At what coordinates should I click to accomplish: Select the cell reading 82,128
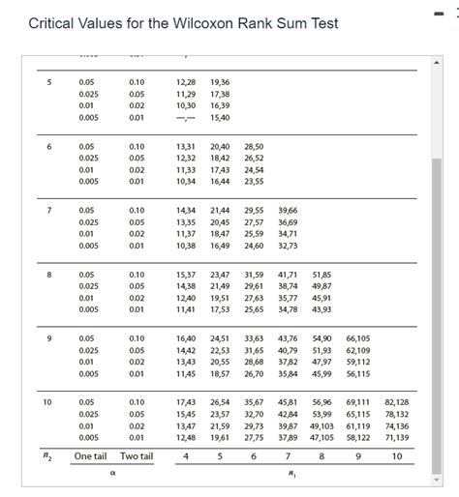tap(396, 400)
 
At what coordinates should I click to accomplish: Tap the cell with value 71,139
tap(396, 437)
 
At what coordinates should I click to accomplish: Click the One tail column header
tap(91, 456)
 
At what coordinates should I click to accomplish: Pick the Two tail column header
tap(137, 456)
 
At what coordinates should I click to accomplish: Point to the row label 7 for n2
tap(48, 209)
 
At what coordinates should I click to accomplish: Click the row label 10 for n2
tap(47, 400)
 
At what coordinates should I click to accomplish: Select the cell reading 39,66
tap(288, 209)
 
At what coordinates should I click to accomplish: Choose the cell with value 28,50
tap(254, 146)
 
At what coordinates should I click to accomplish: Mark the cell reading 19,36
tap(220, 82)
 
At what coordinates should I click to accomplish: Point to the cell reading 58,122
tap(357, 437)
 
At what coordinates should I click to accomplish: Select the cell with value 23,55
tap(254, 181)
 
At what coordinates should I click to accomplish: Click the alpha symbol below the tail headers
tap(114, 474)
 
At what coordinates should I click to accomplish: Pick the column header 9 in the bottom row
tap(357, 456)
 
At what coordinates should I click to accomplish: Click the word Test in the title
tap(321, 22)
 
